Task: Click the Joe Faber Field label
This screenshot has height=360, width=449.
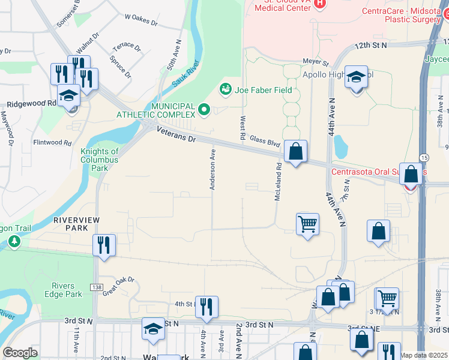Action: tap(263, 90)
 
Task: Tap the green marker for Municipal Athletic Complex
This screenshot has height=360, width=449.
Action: tap(203, 110)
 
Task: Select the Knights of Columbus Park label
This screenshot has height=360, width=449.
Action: tap(99, 160)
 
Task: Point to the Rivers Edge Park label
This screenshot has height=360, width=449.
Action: tap(62, 289)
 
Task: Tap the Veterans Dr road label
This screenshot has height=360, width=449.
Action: tap(175, 134)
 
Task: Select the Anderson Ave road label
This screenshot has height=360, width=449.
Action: tap(212, 170)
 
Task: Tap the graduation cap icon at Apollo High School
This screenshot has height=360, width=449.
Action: tap(356, 77)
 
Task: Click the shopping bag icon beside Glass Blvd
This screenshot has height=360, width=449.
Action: tap(295, 152)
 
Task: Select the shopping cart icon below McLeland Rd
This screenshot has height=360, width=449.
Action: tap(307, 224)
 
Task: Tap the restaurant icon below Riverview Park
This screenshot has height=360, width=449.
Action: tap(104, 245)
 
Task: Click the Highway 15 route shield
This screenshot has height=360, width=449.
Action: tap(424, 157)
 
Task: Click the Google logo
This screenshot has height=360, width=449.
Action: tap(20, 352)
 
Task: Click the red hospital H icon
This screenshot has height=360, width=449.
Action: tap(319, 4)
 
